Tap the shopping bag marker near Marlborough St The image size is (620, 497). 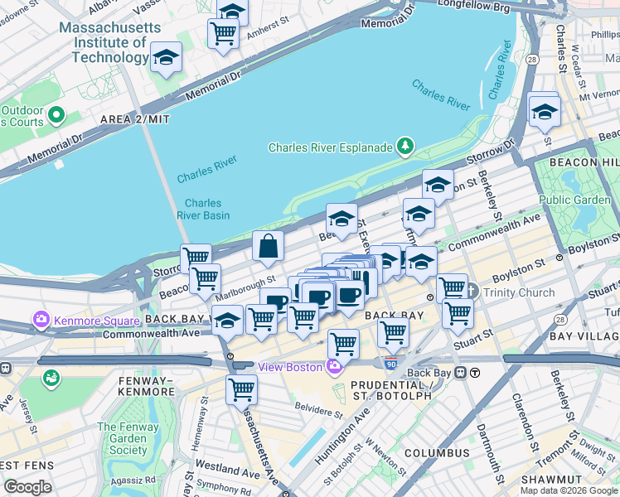click(269, 246)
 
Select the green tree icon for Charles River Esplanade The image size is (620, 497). click(405, 147)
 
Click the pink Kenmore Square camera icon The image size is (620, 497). click(41, 319)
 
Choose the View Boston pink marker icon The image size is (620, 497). click(334, 367)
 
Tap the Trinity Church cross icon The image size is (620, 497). click(472, 292)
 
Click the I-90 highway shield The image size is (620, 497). click(391, 363)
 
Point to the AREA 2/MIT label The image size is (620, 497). click(135, 119)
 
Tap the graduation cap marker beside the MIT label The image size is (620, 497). click(167, 59)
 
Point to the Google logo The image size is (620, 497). click(27, 487)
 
